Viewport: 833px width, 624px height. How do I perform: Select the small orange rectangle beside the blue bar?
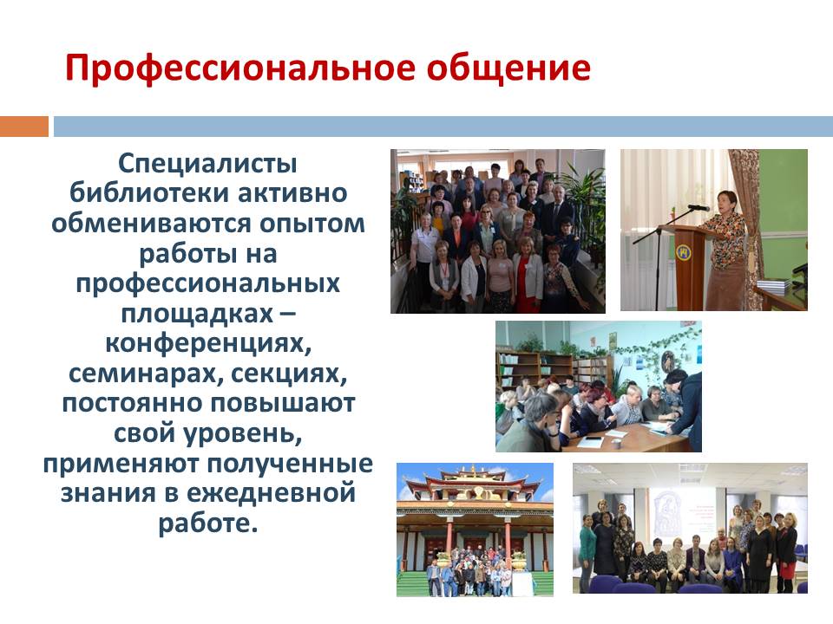pyautogui.click(x=24, y=127)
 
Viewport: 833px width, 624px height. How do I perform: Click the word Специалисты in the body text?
pyautogui.click(x=207, y=164)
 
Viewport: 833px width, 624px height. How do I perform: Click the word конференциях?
pyautogui.click(x=207, y=343)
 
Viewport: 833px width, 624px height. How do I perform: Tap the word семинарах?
pyautogui.click(x=139, y=374)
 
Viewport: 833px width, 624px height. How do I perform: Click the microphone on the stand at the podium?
pyautogui.click(x=698, y=207)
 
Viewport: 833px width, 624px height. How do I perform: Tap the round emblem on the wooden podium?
pyautogui.click(x=683, y=252)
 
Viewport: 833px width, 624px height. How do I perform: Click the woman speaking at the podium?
pyautogui.click(x=725, y=250)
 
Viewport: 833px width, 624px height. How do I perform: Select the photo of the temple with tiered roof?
pyautogui.click(x=475, y=530)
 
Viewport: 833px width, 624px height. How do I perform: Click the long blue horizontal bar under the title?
pyautogui.click(x=443, y=127)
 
